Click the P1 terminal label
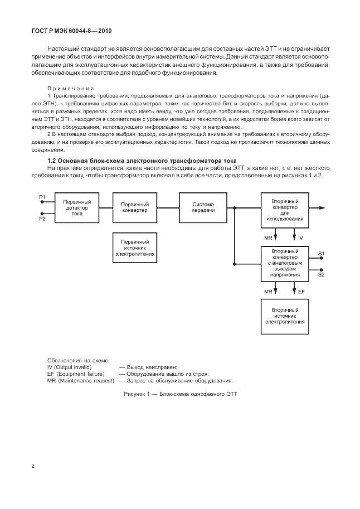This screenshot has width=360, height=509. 42,197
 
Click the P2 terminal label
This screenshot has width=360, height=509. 42,219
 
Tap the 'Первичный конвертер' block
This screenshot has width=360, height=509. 135,207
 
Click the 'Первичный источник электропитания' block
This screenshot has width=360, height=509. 135,246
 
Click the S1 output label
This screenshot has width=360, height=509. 322,254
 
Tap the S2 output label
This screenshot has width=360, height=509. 322,274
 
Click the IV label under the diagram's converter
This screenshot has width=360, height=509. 300,237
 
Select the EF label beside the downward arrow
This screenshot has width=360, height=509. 301,291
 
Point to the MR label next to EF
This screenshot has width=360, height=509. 268,291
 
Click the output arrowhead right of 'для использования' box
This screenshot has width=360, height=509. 323,207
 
